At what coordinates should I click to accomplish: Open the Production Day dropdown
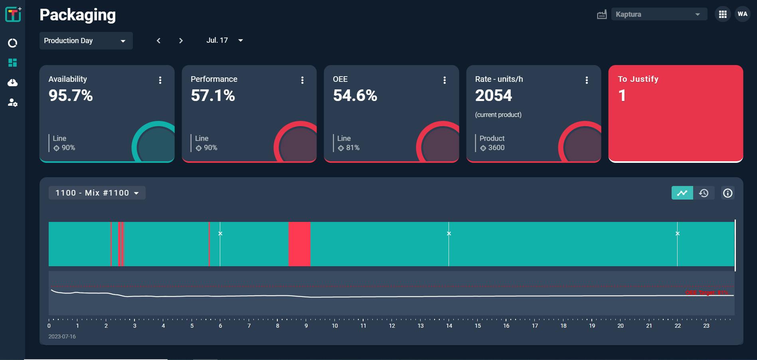point(86,41)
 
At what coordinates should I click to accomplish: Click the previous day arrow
point(158,41)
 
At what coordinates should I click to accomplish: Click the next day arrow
point(181,41)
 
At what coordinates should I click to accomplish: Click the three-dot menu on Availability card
point(160,80)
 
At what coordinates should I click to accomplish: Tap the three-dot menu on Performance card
point(302,80)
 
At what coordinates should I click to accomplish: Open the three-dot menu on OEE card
point(444,80)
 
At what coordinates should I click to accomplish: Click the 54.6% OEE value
point(355,95)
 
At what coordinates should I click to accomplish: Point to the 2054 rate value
point(493,95)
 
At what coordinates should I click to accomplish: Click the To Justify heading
point(638,79)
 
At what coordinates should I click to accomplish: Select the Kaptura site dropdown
point(658,14)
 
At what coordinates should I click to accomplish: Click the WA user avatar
point(742,14)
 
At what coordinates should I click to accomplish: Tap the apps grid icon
point(722,14)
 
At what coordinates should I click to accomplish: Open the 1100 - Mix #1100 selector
point(97,193)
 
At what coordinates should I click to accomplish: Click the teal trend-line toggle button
point(682,193)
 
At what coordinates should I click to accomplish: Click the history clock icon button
point(704,193)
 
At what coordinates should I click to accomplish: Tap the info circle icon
point(727,193)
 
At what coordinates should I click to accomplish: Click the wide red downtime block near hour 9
point(299,244)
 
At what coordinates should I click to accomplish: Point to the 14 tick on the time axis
point(449,326)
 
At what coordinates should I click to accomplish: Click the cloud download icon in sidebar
point(13,83)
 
